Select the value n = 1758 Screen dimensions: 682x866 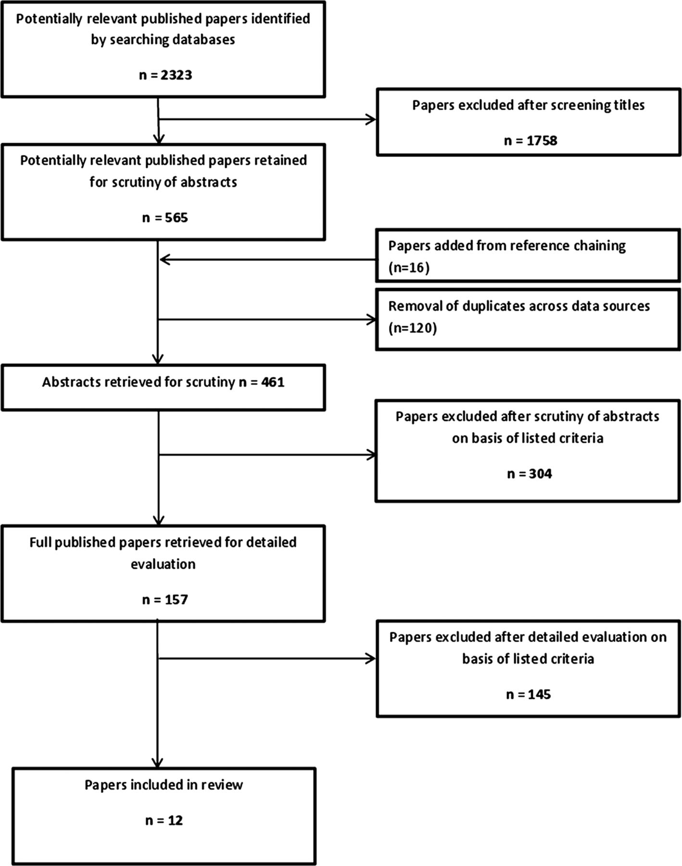tap(530, 140)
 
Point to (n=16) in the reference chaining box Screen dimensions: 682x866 tap(408, 267)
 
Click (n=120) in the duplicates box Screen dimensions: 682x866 tap(412, 328)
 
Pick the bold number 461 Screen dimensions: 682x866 tap(273, 382)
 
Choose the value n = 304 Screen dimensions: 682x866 tap(529, 474)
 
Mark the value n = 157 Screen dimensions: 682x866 tap(165, 600)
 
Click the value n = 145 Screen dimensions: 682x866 tap(528, 694)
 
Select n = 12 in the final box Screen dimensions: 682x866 tap(164, 820)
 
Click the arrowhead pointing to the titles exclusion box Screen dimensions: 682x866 tap(371, 119)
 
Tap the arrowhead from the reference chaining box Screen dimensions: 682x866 tap(165, 260)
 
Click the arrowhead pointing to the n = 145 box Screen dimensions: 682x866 tap(370, 659)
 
